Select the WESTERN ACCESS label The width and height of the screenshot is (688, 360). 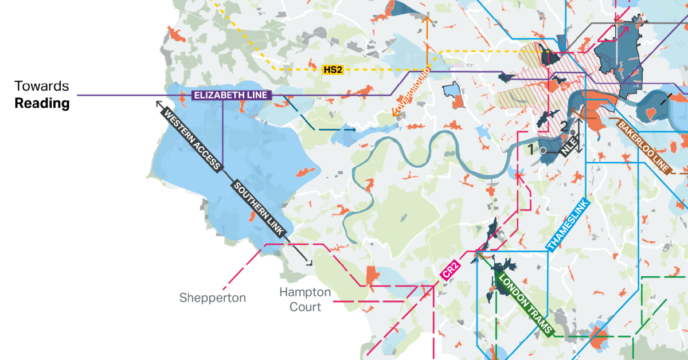click(191, 139)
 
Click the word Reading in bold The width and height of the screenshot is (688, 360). click(42, 104)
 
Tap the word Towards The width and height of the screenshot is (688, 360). click(42, 87)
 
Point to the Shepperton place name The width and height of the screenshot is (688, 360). click(212, 298)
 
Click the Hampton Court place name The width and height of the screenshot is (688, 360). click(304, 299)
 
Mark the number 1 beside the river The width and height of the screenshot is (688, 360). click(531, 150)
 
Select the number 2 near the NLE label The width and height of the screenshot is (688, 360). click(564, 127)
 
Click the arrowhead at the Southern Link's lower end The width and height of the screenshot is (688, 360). click(310, 263)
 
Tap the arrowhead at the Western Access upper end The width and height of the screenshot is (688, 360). click(159, 103)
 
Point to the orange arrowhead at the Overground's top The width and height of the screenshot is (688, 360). click(427, 18)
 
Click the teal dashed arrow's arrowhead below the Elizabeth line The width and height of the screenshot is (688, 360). click(353, 130)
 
